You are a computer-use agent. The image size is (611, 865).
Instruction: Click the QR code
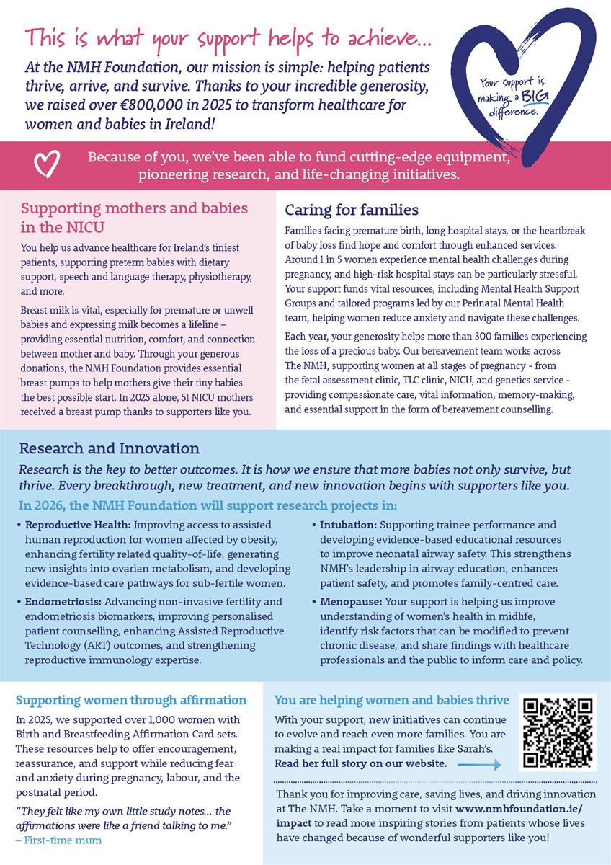(558, 733)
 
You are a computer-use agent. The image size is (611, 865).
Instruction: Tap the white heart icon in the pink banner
(45, 164)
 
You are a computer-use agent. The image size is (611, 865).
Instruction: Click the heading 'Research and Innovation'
(99, 448)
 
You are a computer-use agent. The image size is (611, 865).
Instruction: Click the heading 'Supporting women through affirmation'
(131, 700)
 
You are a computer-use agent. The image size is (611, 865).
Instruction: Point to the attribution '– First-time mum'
(59, 840)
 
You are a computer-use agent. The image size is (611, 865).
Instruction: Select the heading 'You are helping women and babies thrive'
(392, 700)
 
